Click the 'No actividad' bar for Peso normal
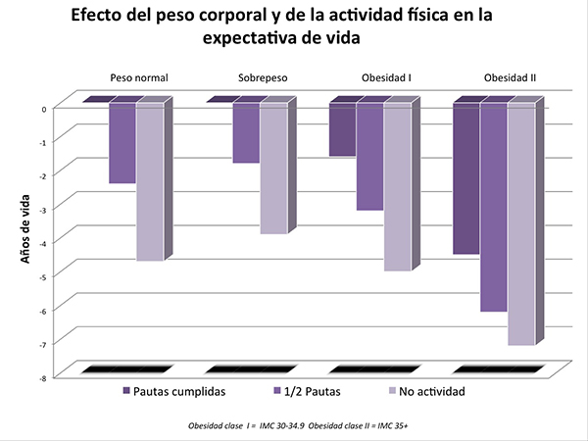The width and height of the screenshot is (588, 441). [149, 181]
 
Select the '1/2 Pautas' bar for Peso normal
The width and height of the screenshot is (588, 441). [122, 143]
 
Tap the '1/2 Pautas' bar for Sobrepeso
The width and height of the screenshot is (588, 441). [246, 133]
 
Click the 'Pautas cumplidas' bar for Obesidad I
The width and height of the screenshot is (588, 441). [342, 129]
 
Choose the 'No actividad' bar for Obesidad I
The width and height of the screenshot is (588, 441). [397, 186]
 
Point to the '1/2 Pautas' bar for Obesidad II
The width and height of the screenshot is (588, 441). [493, 207]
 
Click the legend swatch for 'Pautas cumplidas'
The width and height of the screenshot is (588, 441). [127, 391]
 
